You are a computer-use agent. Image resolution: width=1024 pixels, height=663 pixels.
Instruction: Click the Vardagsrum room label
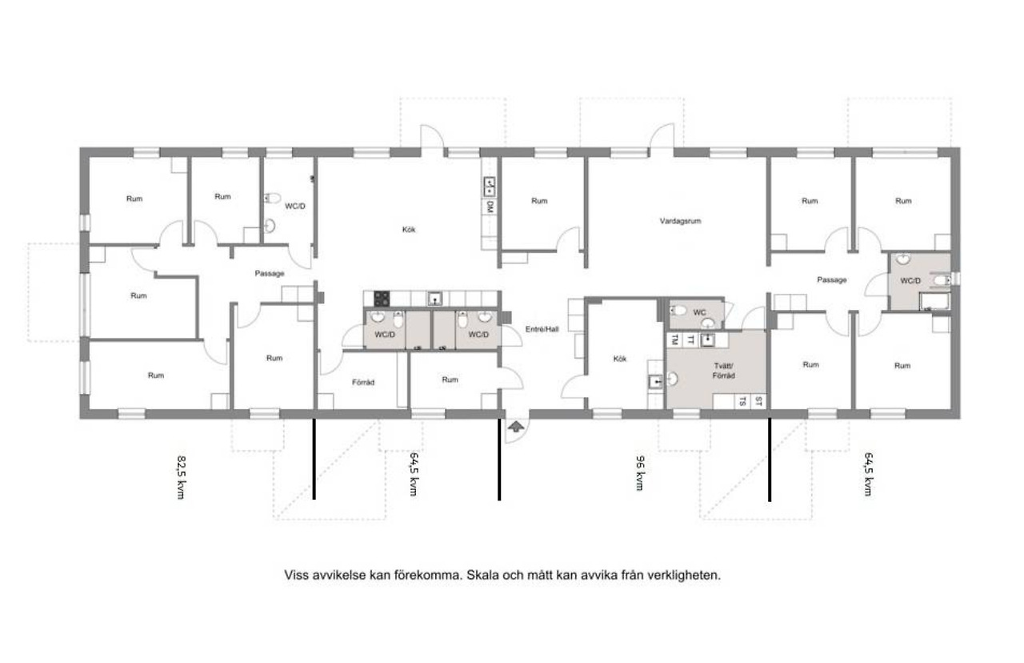click(x=680, y=221)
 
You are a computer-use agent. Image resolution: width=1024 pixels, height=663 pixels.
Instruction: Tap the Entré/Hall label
click(x=542, y=329)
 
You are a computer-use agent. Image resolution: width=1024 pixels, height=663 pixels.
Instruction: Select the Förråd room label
click(x=363, y=382)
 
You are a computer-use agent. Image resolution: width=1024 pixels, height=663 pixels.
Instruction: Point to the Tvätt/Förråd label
click(x=724, y=371)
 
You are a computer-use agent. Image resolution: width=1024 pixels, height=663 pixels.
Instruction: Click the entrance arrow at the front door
click(x=516, y=427)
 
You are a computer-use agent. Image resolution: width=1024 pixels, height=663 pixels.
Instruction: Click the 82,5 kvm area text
click(x=182, y=476)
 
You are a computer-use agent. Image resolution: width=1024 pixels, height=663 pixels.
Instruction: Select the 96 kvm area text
click(x=641, y=472)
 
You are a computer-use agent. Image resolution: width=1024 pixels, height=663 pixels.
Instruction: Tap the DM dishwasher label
click(x=490, y=207)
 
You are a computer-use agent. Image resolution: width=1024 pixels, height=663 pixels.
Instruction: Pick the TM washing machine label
click(x=674, y=340)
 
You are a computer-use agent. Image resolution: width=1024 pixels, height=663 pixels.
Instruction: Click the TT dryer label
click(x=690, y=340)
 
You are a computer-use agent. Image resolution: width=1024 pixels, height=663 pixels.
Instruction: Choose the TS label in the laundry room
click(x=743, y=402)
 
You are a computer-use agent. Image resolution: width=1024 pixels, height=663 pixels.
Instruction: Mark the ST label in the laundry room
click(x=758, y=402)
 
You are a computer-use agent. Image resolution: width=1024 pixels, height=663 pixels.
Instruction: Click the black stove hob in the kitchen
click(x=382, y=299)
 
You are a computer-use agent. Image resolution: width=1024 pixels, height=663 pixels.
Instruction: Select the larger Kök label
click(x=409, y=230)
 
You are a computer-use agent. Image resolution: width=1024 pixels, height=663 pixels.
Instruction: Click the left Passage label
click(x=270, y=274)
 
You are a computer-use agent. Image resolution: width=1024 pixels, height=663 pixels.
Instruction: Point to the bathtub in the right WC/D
click(x=934, y=303)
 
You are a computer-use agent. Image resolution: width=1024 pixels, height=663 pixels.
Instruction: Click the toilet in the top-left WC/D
click(x=272, y=198)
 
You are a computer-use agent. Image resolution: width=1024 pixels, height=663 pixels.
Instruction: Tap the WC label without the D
click(x=699, y=312)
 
